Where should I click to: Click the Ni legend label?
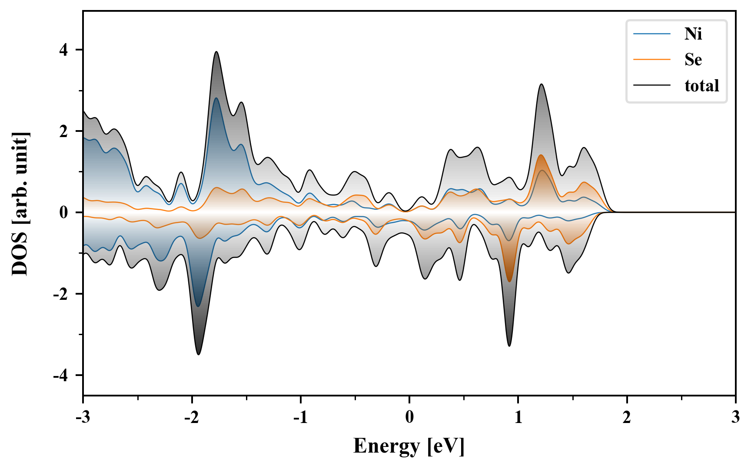[693, 34]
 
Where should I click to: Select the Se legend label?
[693, 60]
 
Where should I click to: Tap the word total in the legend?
[701, 85]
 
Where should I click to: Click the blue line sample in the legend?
[651, 34]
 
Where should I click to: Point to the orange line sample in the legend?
[651, 60]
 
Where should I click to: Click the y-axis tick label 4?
[64, 50]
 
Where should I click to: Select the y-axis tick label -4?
[61, 375]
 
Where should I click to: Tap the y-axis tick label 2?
[64, 131]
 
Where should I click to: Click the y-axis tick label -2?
[61, 294]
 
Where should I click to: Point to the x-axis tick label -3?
[83, 417]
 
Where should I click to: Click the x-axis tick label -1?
[300, 417]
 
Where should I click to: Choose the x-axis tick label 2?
[627, 417]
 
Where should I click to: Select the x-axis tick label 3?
[735, 417]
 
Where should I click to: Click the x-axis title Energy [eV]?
[409, 446]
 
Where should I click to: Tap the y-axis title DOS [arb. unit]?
[20, 204]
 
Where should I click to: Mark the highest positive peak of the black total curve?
[216, 52]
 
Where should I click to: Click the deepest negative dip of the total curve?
[199, 354]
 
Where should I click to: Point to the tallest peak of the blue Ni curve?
[216, 98]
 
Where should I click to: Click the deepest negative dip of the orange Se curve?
[509, 281]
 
